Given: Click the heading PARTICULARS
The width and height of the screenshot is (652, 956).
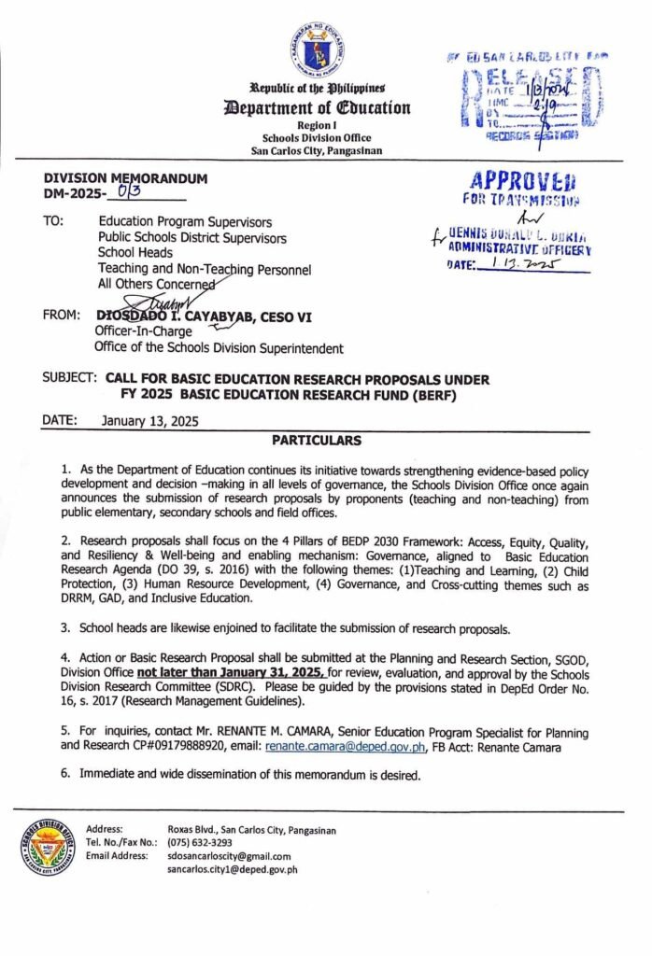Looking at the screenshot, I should click(317, 440).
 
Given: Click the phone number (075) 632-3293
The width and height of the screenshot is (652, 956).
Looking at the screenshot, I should click(200, 842).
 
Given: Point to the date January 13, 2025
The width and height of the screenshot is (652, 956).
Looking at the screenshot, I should click(149, 421).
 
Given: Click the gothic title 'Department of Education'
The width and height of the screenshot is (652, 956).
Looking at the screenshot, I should click(317, 107).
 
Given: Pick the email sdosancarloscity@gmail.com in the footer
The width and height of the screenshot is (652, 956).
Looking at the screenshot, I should click(229, 855).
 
